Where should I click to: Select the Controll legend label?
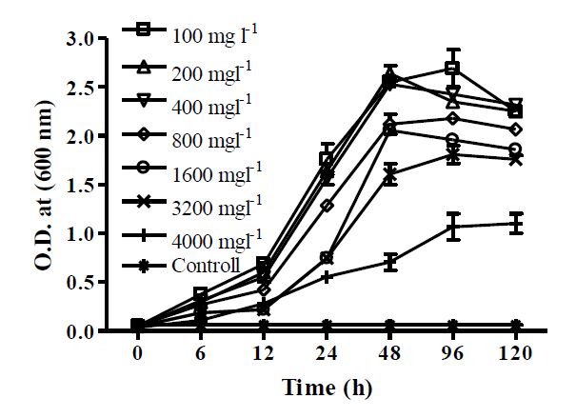click(206, 264)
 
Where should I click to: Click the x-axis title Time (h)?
click(327, 388)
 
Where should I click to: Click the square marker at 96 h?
click(452, 68)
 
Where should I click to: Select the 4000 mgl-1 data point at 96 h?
click(452, 226)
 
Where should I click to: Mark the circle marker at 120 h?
click(515, 149)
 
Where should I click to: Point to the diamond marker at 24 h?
click(327, 205)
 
